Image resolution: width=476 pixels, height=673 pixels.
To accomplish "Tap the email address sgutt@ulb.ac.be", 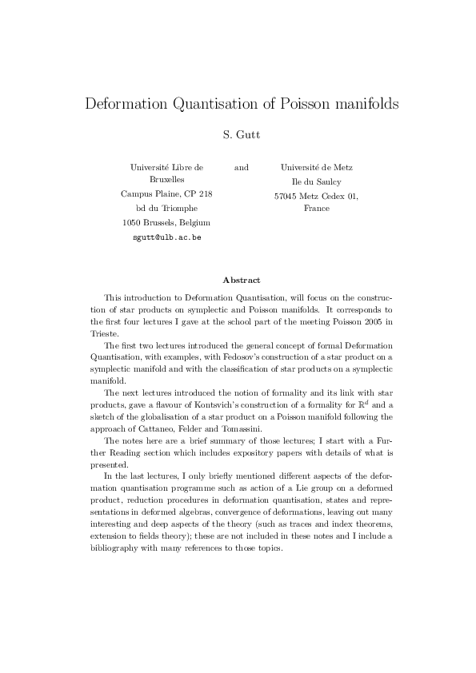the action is pos(166,237).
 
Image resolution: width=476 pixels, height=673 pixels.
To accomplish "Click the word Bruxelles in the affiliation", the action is pos(166,181).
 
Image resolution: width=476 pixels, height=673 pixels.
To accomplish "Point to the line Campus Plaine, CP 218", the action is pos(166,194).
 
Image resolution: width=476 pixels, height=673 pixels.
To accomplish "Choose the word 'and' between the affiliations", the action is pos(241,167).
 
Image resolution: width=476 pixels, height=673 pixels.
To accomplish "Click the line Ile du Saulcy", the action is pos(317,181).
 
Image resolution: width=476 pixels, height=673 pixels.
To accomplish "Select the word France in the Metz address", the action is pos(317,208).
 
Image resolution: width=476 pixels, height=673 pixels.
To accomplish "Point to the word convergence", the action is pos(256,519).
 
